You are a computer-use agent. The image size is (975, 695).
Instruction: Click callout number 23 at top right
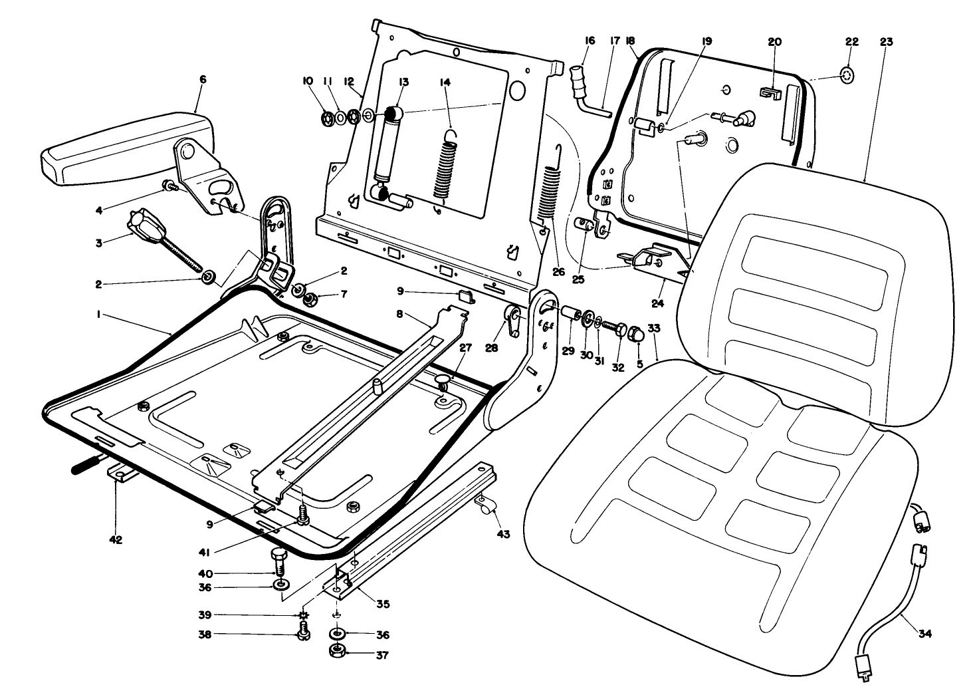(x=886, y=41)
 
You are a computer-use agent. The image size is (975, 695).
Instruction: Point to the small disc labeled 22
(x=847, y=76)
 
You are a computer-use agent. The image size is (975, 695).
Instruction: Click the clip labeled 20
(x=770, y=93)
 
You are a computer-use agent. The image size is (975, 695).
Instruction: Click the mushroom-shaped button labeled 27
(x=444, y=380)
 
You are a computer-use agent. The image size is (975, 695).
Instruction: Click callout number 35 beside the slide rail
(x=382, y=604)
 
